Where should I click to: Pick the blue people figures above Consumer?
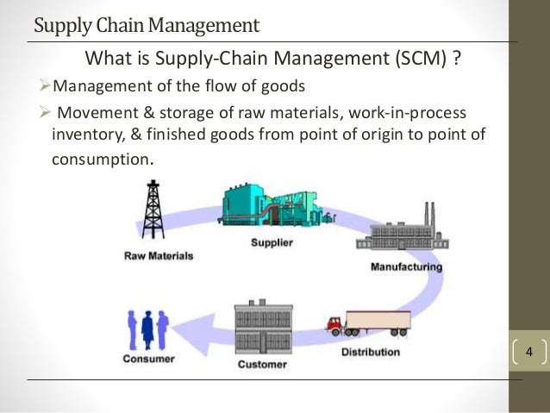click(148, 329)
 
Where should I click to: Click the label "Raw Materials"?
click(159, 256)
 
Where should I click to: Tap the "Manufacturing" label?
click(406, 266)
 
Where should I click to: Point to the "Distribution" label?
click(371, 352)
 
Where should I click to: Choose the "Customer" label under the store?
click(263, 365)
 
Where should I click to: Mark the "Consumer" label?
click(149, 359)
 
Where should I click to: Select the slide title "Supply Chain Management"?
click(146, 25)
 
